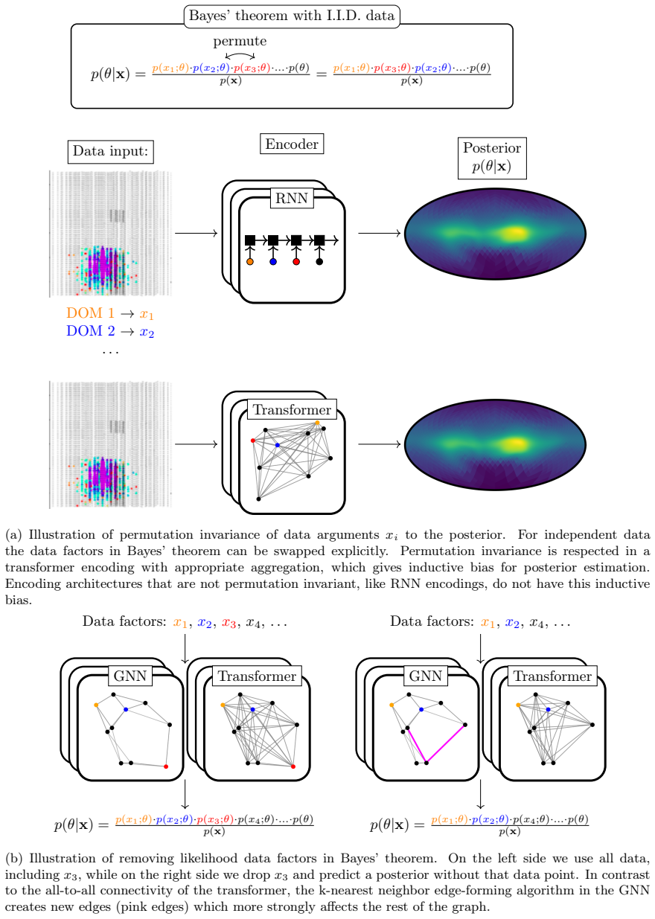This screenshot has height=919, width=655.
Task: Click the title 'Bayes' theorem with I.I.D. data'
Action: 292,16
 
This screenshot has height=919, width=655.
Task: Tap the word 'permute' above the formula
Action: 240,41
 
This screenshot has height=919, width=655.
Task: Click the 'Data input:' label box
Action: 110,152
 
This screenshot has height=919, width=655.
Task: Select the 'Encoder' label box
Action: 292,144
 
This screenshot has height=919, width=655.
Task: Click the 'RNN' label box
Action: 292,198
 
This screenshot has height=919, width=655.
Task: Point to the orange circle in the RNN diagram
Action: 250,262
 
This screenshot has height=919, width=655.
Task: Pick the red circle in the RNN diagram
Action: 296,262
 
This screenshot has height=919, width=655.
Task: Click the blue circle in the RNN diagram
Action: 273,262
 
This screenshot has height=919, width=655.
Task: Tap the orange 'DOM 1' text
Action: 90,313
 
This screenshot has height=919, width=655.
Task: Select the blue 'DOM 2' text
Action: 91,330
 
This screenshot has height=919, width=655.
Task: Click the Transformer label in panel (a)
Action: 292,409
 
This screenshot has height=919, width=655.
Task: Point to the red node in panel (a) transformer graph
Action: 253,441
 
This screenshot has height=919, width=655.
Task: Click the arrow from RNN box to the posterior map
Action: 380,233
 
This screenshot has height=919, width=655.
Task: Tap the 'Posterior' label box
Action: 492,158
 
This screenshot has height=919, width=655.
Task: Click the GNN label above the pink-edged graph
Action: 426,676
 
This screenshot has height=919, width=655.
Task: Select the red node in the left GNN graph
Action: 166,766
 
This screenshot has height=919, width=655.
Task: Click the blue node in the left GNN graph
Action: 126,709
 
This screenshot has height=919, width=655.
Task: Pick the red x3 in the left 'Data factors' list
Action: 229,623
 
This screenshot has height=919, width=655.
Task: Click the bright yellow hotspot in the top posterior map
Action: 515,233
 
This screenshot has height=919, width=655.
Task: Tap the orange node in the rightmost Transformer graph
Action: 518,705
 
